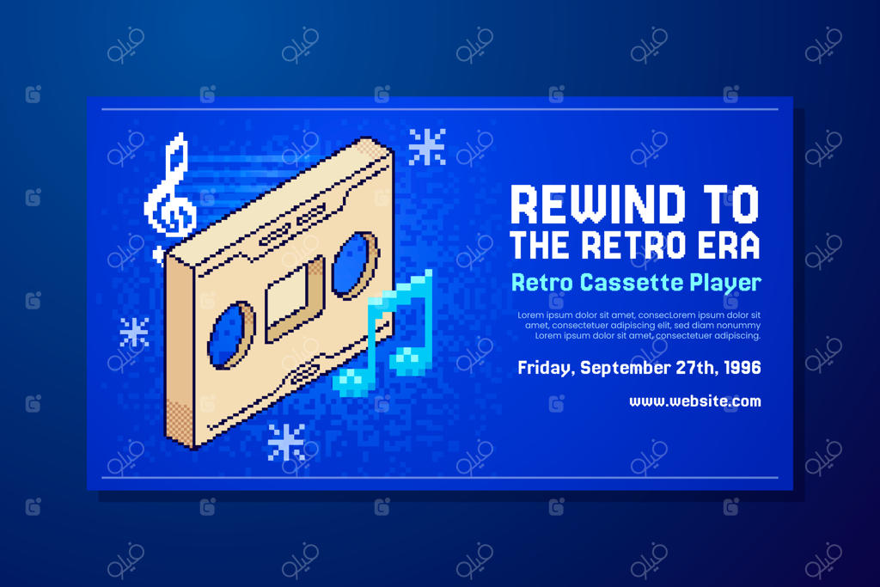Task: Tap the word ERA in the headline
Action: [x=728, y=246]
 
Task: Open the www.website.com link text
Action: [x=694, y=401]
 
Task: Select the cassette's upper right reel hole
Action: [x=354, y=264]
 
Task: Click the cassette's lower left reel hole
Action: [x=230, y=335]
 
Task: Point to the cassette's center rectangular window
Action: [x=294, y=297]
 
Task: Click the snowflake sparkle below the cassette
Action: [x=286, y=442]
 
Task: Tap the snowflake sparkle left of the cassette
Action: [x=134, y=333]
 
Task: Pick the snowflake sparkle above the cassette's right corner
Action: [x=427, y=147]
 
